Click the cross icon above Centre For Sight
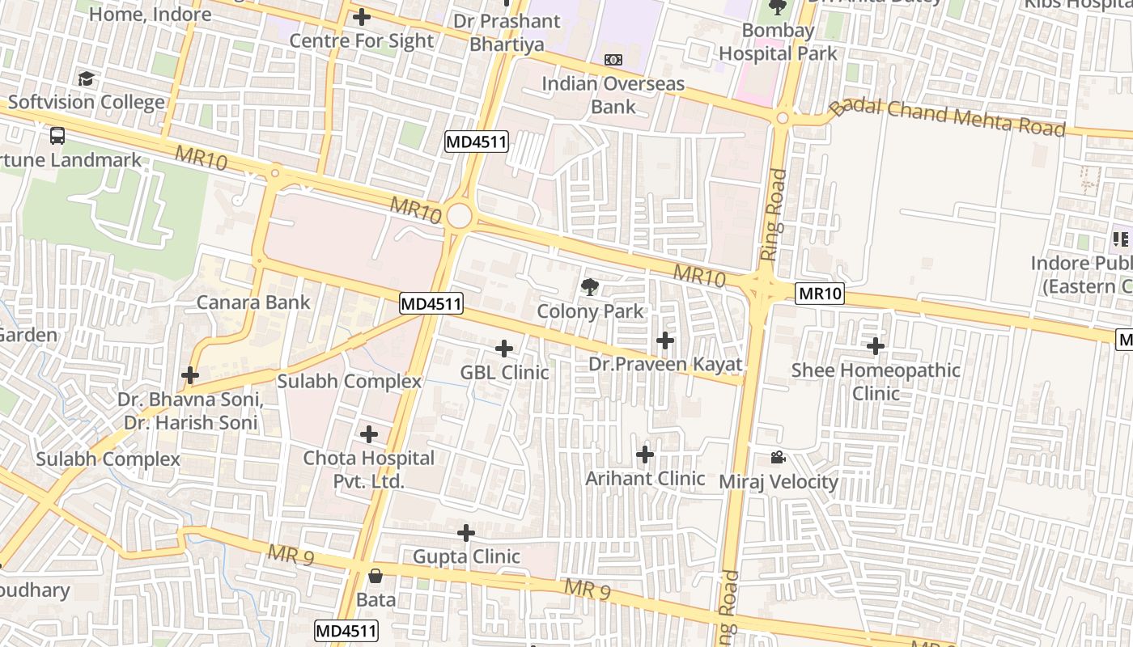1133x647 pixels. (x=362, y=16)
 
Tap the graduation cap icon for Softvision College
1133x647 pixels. (x=86, y=78)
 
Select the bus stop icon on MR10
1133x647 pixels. (x=57, y=135)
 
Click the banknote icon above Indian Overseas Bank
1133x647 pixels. (x=613, y=60)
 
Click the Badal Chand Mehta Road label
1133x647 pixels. (x=948, y=117)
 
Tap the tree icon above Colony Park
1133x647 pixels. (x=590, y=286)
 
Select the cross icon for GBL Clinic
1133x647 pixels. (x=504, y=349)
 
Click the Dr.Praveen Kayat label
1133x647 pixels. (x=665, y=365)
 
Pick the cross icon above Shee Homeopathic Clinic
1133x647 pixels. (x=876, y=346)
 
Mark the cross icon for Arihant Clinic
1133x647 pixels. (x=645, y=455)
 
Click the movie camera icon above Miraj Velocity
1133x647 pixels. (x=778, y=458)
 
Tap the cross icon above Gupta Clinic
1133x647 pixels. (x=466, y=533)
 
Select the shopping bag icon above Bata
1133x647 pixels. (x=376, y=576)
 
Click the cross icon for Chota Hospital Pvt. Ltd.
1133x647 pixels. (x=369, y=434)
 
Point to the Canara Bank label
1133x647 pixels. (x=253, y=302)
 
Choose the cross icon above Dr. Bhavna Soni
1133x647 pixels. (x=190, y=375)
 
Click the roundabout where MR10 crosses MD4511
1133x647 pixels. (x=459, y=216)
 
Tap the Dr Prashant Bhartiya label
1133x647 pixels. (x=507, y=32)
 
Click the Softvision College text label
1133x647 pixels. (x=87, y=103)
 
